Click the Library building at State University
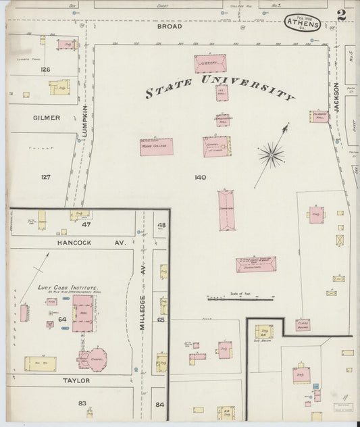tap(210, 64)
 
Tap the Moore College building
tap(156, 147)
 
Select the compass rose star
tap(271, 155)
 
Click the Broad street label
tap(170, 28)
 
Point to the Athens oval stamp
tap(302, 23)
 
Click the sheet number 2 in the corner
tap(342, 14)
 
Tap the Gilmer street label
tap(47, 118)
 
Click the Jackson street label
tap(335, 98)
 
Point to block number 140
tap(199, 178)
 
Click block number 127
tap(45, 177)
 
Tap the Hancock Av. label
tap(78, 242)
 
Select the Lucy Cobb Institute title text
tap(68, 288)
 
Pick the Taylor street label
tap(76, 380)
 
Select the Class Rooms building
tap(303, 325)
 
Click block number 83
tap(82, 403)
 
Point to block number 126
tap(45, 70)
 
